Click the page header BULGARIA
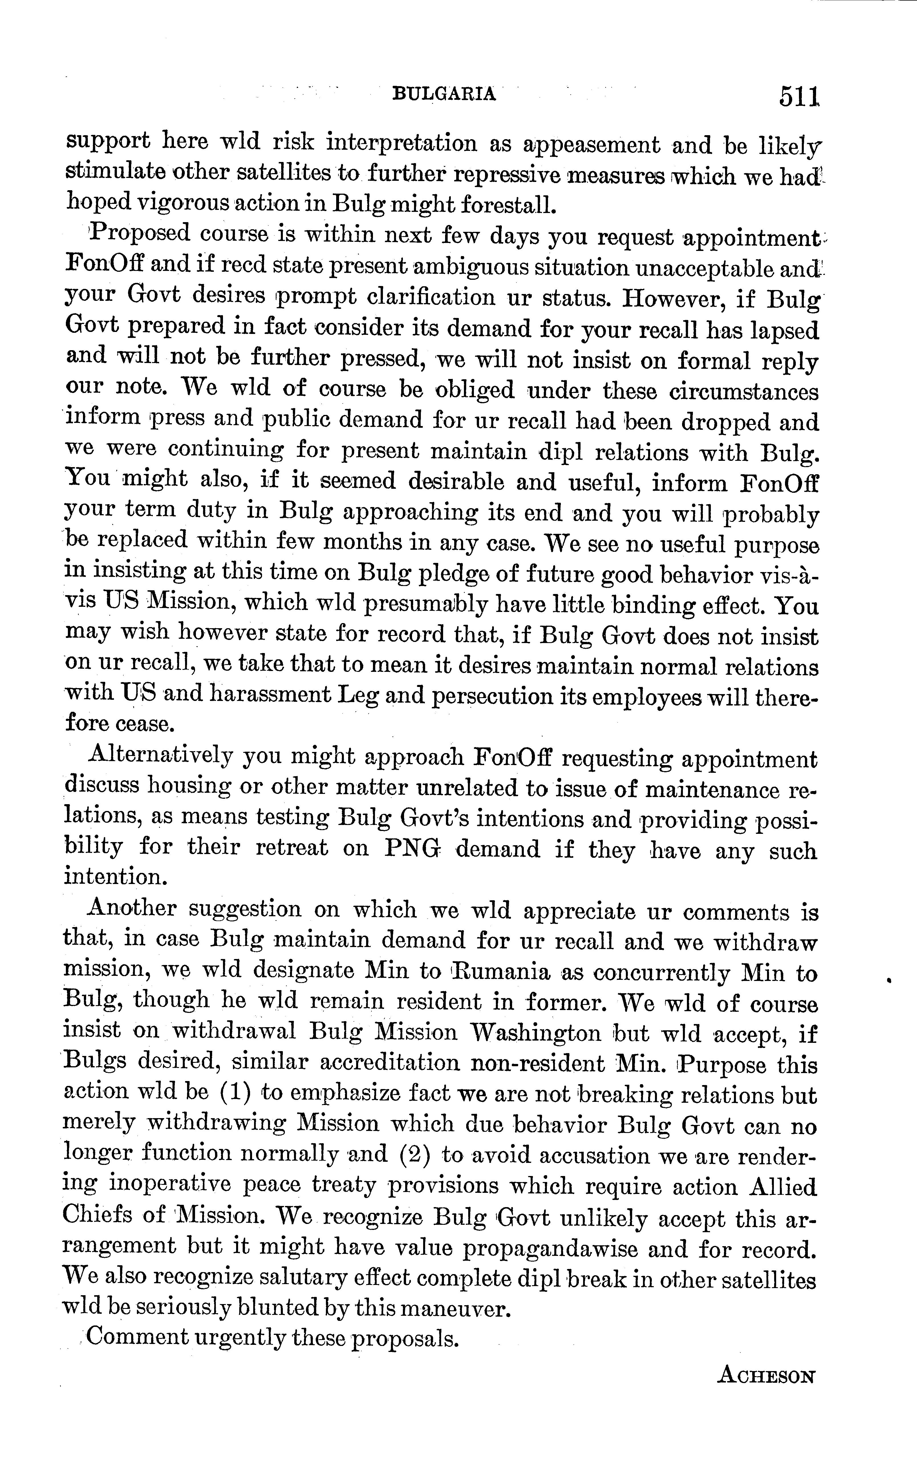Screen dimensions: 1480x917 [x=445, y=94]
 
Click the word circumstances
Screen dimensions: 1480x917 [x=744, y=391]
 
